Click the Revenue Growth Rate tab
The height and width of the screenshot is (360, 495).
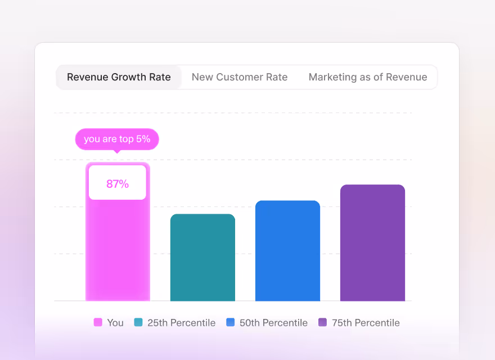(119, 77)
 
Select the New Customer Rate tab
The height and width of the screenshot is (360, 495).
(240, 77)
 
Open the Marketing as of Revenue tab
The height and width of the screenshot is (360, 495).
(368, 77)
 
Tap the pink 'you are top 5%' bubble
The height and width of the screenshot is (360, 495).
(117, 139)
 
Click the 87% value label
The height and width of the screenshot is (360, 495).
(118, 183)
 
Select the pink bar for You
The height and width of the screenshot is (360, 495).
(118, 247)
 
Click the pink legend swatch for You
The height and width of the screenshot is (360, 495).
(98, 322)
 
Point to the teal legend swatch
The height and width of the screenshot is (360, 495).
(138, 322)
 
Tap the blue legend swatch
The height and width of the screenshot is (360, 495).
(231, 322)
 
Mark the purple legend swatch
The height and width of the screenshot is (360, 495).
(322, 322)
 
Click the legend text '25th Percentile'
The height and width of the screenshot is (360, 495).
(181, 323)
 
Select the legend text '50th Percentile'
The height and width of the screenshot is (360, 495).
(274, 323)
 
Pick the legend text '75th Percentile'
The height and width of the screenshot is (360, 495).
(366, 323)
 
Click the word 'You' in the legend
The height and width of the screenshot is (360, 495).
(115, 323)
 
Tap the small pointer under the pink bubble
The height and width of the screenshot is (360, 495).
(117, 151)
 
